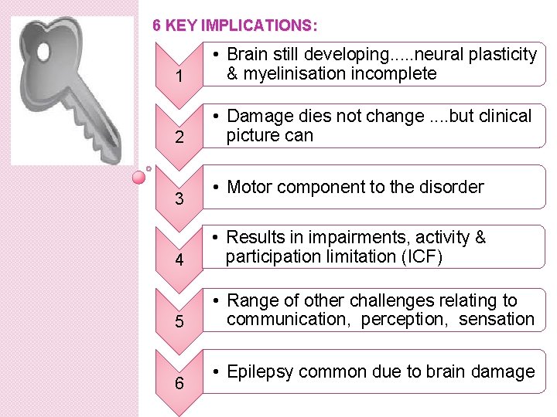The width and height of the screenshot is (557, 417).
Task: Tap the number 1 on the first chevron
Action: [179, 78]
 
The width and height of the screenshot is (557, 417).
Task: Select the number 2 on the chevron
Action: [179, 139]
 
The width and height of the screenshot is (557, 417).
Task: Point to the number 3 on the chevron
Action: [179, 199]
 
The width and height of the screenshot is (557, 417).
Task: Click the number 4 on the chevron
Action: [179, 260]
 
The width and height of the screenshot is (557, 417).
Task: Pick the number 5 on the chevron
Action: [179, 321]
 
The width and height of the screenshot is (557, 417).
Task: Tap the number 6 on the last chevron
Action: [179, 382]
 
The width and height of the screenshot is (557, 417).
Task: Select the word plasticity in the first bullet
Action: [504, 55]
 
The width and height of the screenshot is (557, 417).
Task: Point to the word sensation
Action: [497, 319]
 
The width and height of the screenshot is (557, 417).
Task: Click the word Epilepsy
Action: [260, 372]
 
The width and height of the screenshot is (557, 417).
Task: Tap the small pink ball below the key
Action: [138, 177]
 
